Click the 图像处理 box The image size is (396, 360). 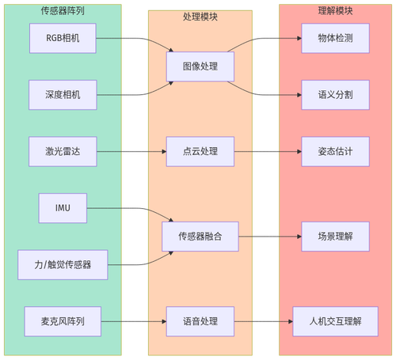(x=200, y=66)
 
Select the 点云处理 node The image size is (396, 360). (x=200, y=150)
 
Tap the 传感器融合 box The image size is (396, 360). (x=200, y=236)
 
